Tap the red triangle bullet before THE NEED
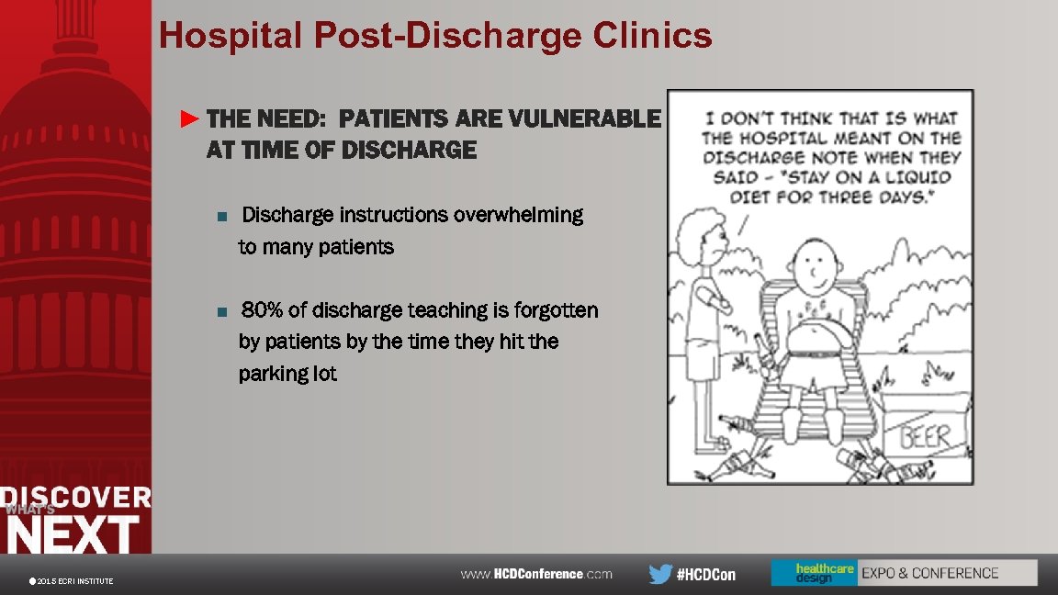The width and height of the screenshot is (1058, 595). [189, 118]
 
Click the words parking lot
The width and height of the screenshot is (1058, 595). [287, 374]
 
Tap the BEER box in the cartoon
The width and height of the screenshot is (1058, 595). [924, 436]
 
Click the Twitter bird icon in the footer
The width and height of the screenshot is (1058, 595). [659, 575]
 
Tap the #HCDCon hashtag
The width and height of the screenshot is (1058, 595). [706, 575]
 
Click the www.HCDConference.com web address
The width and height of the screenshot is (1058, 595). [536, 574]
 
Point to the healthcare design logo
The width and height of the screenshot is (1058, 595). [813, 573]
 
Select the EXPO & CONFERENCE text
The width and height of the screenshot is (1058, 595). [929, 573]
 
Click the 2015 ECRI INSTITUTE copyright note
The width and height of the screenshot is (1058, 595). [73, 581]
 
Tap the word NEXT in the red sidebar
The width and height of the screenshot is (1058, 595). [73, 534]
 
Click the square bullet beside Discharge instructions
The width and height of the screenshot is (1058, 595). [220, 217]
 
